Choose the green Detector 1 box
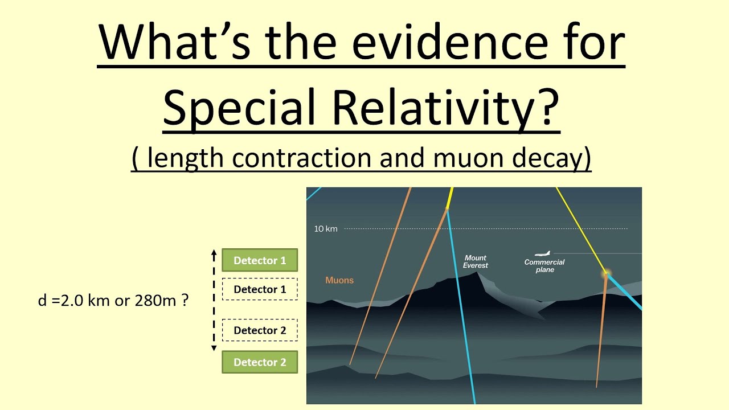(x=260, y=260)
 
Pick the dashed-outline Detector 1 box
(x=260, y=289)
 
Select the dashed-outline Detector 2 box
(x=260, y=330)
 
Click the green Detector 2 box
(x=260, y=362)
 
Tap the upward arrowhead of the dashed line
(x=214, y=251)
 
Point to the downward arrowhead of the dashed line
(x=214, y=348)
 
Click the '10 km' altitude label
(x=326, y=229)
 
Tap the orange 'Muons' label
(x=339, y=280)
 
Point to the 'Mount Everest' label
(x=476, y=261)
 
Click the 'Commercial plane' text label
(x=544, y=266)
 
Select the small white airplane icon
(x=543, y=254)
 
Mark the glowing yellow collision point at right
(x=606, y=274)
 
